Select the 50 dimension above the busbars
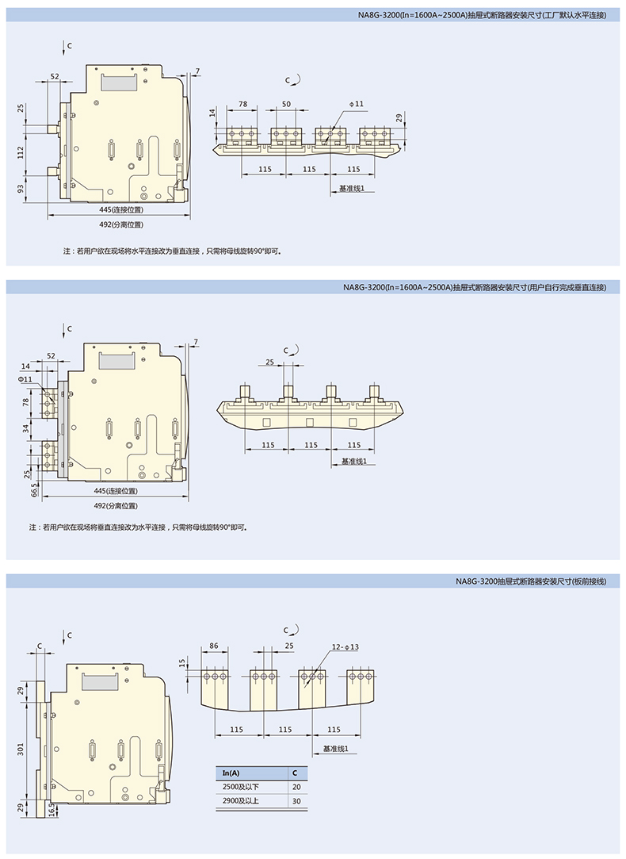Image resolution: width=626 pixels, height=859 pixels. (286, 105)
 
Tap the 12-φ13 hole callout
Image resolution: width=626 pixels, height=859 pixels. (345, 647)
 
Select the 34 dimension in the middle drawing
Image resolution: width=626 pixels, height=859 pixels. (26, 429)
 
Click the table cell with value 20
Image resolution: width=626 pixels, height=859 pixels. (296, 787)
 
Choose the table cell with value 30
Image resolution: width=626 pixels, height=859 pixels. (296, 801)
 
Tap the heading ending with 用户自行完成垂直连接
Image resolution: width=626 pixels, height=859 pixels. (475, 287)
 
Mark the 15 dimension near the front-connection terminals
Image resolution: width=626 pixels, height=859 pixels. (182, 662)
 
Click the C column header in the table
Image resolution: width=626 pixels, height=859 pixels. (296, 773)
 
